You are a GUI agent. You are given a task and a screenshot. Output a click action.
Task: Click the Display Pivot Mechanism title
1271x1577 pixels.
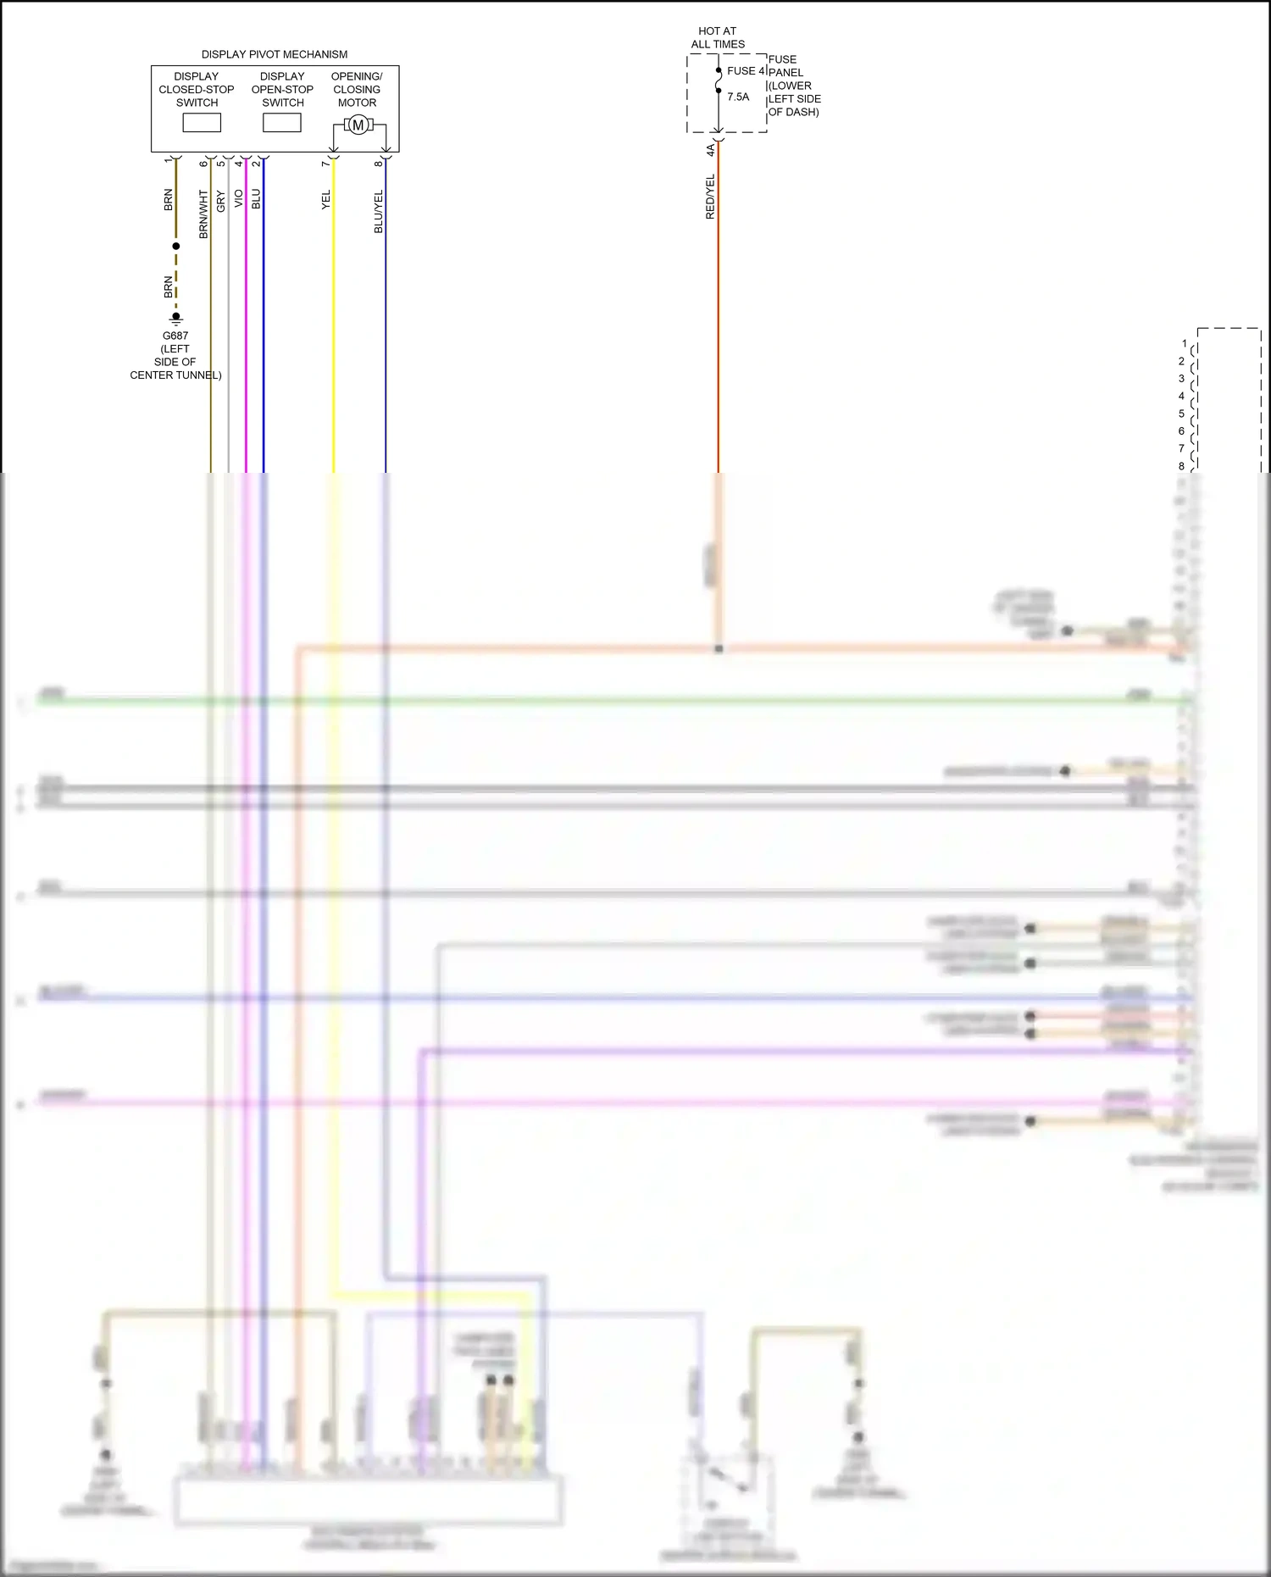tap(274, 54)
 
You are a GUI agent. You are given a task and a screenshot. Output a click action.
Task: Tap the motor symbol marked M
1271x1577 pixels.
tap(358, 125)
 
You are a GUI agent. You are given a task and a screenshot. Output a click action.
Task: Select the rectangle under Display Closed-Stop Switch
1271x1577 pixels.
tap(202, 123)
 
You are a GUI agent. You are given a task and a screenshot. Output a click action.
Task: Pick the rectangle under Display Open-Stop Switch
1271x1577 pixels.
tap(282, 123)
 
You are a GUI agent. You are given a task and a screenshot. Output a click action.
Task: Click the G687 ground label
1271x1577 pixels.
tap(175, 336)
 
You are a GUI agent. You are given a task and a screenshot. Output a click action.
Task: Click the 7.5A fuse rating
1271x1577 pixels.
tap(738, 97)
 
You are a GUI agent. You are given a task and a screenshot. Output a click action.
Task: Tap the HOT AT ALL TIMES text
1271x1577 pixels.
tap(718, 37)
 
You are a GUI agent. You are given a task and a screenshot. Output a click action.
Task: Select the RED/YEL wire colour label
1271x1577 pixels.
tap(710, 197)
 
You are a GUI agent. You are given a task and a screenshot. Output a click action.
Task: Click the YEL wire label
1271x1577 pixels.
tap(326, 200)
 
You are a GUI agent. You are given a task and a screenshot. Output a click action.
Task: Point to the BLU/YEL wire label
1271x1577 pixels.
tap(379, 211)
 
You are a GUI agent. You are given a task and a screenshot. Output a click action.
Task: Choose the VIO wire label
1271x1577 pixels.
tap(239, 198)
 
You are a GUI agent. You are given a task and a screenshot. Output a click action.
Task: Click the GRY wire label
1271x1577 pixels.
tap(221, 202)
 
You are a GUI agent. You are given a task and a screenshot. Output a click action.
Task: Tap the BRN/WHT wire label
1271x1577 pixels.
tap(203, 214)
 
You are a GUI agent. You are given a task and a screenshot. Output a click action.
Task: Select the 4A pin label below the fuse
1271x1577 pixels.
tap(710, 150)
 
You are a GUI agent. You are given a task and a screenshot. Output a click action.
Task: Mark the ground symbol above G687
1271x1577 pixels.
tap(176, 319)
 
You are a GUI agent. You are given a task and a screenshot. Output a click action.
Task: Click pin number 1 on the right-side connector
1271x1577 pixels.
tap(1185, 344)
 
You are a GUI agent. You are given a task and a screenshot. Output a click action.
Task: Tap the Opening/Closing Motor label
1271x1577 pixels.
tap(357, 89)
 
